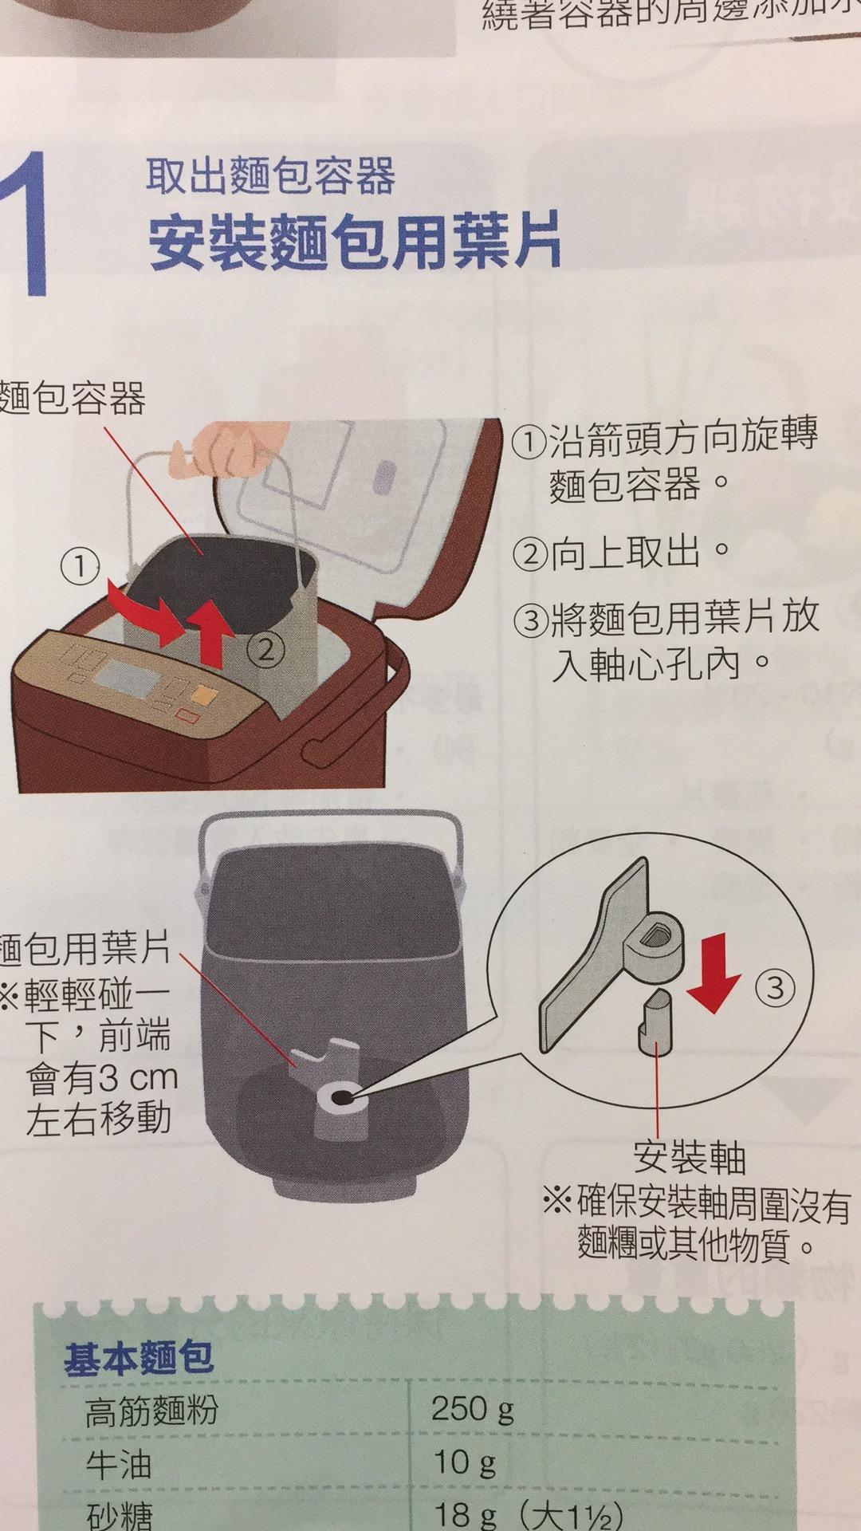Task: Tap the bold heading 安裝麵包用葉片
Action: pos(355,239)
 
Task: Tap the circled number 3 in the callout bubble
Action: pos(775,989)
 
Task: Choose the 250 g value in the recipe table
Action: pos(472,1409)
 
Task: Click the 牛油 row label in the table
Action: pos(118,1464)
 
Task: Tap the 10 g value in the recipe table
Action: pos(463,1462)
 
